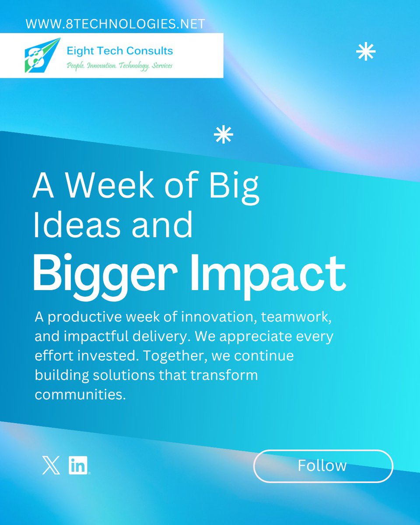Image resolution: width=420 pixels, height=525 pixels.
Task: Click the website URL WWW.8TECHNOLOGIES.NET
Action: [x=115, y=24]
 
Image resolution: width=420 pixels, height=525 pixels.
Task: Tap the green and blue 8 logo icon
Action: [x=42, y=55]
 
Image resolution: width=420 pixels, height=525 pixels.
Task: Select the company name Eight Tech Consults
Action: [x=119, y=51]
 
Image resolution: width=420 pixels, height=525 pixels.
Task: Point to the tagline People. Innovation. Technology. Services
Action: [x=119, y=66]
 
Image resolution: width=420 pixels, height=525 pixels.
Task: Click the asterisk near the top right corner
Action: [x=366, y=52]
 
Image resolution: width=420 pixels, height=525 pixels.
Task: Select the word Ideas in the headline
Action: [x=75, y=225]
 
